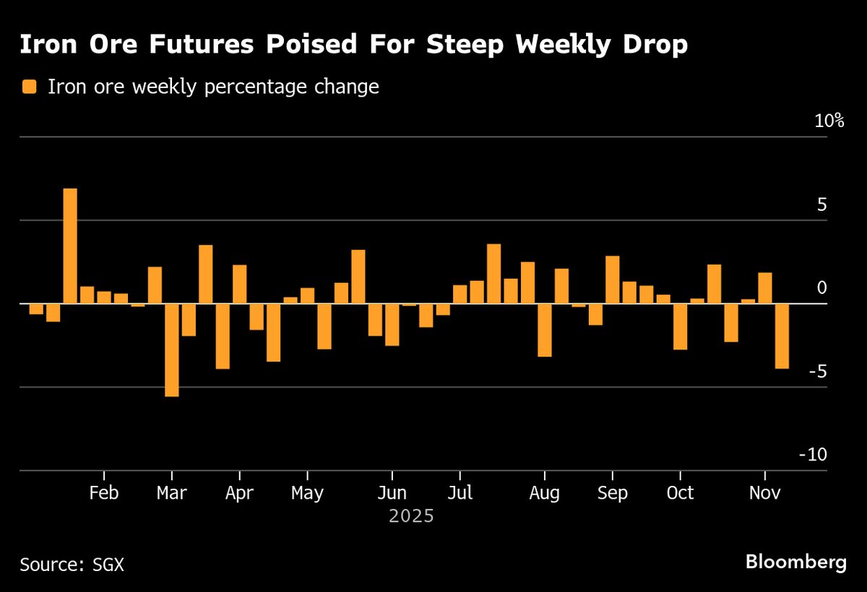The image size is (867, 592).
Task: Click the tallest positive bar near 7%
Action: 70,245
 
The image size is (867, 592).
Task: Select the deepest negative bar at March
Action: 171,349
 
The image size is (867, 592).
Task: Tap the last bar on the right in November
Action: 782,336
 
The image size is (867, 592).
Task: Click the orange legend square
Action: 30,87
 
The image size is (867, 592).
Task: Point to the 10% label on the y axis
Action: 829,121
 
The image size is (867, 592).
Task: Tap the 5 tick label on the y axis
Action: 821,205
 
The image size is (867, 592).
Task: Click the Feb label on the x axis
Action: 104,493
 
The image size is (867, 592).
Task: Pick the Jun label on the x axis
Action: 392,493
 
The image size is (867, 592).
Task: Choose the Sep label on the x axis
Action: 613,493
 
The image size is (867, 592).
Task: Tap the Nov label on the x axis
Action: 765,493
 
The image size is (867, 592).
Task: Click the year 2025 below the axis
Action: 411,517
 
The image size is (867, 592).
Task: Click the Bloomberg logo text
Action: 795,562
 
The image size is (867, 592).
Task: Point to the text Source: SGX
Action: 72,564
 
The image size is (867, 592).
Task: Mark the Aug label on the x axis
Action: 544,493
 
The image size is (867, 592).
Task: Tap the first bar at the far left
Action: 36,309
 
